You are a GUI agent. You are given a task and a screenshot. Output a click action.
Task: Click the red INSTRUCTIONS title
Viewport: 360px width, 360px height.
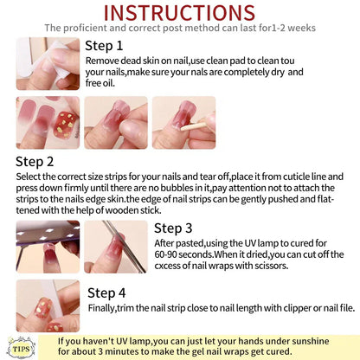(x=179, y=13)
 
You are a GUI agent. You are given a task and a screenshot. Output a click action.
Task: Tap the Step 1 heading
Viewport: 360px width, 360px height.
(x=104, y=46)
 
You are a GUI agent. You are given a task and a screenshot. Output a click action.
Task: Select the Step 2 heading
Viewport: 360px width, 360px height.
(x=35, y=162)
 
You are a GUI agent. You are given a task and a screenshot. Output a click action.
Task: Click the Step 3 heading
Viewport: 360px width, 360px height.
(x=173, y=228)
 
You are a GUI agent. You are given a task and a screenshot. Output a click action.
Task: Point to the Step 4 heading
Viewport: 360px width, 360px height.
(x=106, y=293)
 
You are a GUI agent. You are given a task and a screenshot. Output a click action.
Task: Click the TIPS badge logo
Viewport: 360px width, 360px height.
(x=22, y=348)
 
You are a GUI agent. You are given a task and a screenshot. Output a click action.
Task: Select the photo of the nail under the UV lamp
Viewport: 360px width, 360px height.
(x=48, y=247)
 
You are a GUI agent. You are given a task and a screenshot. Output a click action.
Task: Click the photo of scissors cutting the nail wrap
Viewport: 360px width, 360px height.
(x=116, y=247)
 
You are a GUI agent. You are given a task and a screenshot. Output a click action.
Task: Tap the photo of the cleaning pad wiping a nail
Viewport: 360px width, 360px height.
(x=48, y=64)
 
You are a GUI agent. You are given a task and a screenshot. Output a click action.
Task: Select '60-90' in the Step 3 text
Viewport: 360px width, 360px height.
(x=165, y=254)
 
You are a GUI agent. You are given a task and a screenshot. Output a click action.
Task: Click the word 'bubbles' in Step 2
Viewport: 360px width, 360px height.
(x=177, y=188)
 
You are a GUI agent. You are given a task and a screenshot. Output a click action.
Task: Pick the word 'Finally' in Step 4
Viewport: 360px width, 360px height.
(x=102, y=308)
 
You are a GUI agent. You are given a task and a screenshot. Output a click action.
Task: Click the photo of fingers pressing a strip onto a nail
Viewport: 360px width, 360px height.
(x=116, y=123)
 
